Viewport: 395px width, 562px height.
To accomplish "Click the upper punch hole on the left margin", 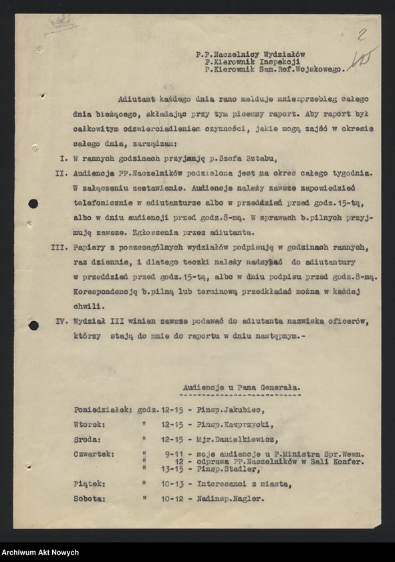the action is (x=33, y=203).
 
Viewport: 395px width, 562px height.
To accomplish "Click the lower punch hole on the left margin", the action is (x=33, y=325).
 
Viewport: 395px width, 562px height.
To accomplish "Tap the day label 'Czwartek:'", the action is (x=94, y=453).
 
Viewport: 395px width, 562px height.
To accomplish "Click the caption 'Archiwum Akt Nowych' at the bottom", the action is (x=41, y=553).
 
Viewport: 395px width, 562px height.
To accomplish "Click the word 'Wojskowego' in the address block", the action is (x=315, y=68).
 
